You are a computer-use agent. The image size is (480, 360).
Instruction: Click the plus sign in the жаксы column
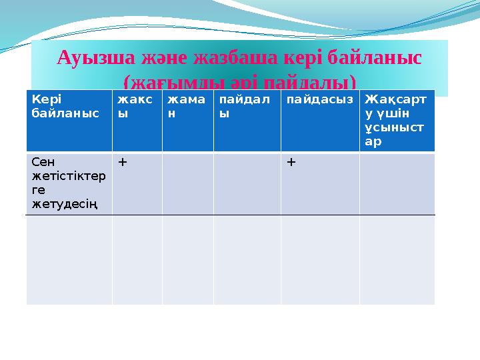[123, 162]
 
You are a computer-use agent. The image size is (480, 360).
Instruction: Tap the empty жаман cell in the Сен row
[187, 184]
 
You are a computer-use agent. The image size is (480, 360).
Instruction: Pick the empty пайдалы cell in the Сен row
[247, 184]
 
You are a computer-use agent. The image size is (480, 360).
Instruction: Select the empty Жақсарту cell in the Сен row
[397, 184]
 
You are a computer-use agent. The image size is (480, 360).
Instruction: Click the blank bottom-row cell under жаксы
[137, 260]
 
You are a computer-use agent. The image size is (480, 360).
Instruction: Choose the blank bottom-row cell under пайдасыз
[320, 260]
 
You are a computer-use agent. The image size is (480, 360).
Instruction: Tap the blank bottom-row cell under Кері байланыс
[69, 260]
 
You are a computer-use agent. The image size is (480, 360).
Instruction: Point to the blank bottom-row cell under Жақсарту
[397, 260]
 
